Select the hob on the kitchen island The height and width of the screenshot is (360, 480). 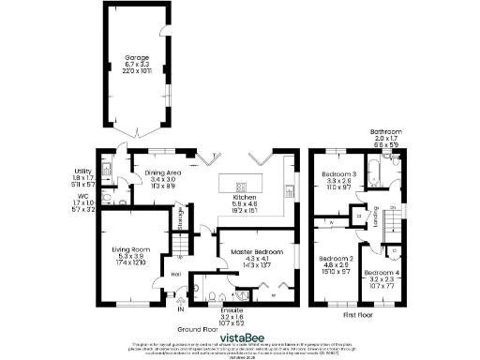tap(242, 184)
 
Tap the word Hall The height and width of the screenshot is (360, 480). tap(176, 274)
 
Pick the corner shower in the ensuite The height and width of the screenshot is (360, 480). tap(199, 286)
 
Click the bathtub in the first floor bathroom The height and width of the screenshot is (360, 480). tap(378, 172)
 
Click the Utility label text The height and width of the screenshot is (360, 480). tap(83, 171)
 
